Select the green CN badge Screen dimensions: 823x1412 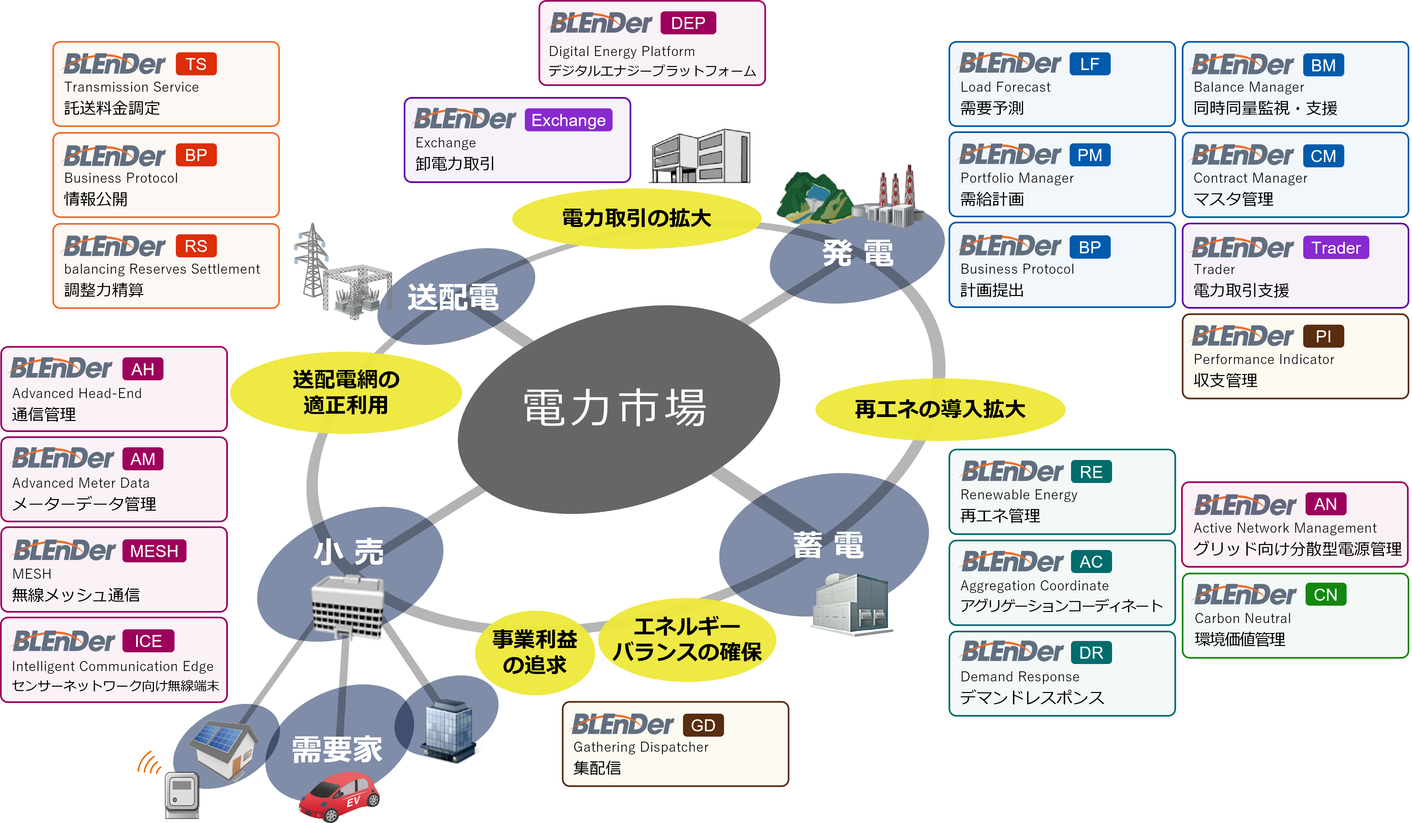(x=1325, y=595)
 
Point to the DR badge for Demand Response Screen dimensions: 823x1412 (x=1091, y=653)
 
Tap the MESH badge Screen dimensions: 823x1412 (x=154, y=551)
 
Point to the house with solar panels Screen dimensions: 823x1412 (x=224, y=747)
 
